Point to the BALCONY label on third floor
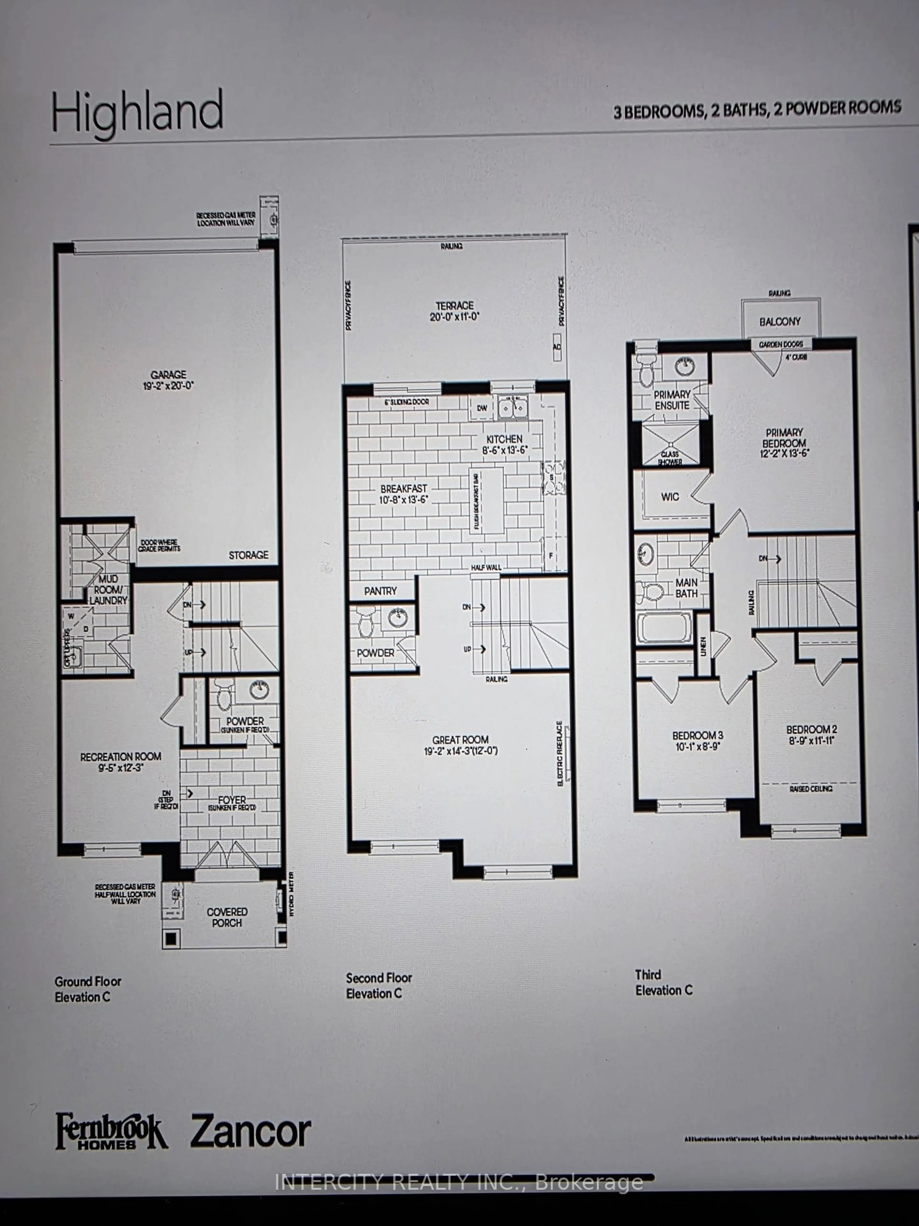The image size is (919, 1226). pyautogui.click(x=780, y=321)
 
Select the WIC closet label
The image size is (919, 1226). pyautogui.click(x=670, y=497)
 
